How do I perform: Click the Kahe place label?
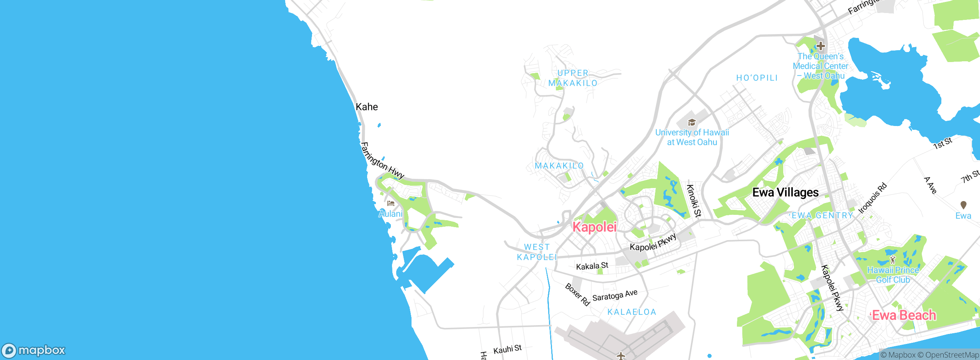(x=367, y=107)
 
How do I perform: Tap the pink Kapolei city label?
(x=595, y=227)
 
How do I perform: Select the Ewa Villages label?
(x=786, y=192)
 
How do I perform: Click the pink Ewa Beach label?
(x=904, y=316)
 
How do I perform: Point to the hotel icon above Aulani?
(x=391, y=203)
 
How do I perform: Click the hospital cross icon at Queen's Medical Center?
(x=820, y=46)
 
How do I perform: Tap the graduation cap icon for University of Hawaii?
(x=692, y=123)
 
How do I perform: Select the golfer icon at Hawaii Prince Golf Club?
(x=893, y=260)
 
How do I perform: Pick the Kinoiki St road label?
(x=694, y=201)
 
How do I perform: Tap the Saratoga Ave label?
(x=615, y=295)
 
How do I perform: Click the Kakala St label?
(x=592, y=266)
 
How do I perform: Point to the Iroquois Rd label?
(x=872, y=198)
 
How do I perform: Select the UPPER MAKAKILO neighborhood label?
(x=573, y=78)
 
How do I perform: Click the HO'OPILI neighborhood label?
(x=757, y=78)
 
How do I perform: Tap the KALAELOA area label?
(x=632, y=312)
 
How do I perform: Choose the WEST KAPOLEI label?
(x=537, y=252)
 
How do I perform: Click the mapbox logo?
(x=34, y=350)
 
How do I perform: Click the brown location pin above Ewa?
(x=964, y=205)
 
